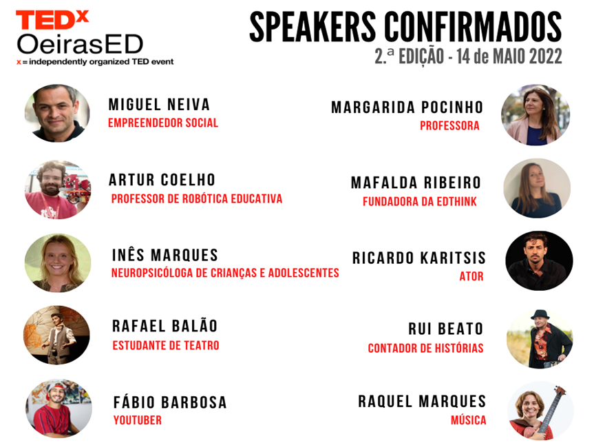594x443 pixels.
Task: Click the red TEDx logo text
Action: (x=52, y=20)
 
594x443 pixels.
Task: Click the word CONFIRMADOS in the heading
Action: (x=473, y=26)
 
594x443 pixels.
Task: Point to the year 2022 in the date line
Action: (x=546, y=56)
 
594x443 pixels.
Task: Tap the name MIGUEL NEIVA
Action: (x=159, y=105)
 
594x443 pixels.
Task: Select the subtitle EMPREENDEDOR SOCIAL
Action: (x=163, y=123)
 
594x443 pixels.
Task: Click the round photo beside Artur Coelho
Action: (x=58, y=189)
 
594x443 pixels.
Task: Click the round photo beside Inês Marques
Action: (x=58, y=262)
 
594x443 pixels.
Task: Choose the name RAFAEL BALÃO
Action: (x=165, y=326)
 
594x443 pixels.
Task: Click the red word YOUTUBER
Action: (x=138, y=420)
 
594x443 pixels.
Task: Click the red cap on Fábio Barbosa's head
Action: (x=54, y=387)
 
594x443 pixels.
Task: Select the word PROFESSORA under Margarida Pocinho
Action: (x=449, y=125)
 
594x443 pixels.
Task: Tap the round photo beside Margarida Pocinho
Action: (x=535, y=115)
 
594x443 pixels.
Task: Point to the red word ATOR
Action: (x=471, y=276)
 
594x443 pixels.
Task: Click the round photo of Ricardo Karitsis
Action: (x=539, y=261)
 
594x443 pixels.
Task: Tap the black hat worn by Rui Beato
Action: (x=540, y=315)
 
